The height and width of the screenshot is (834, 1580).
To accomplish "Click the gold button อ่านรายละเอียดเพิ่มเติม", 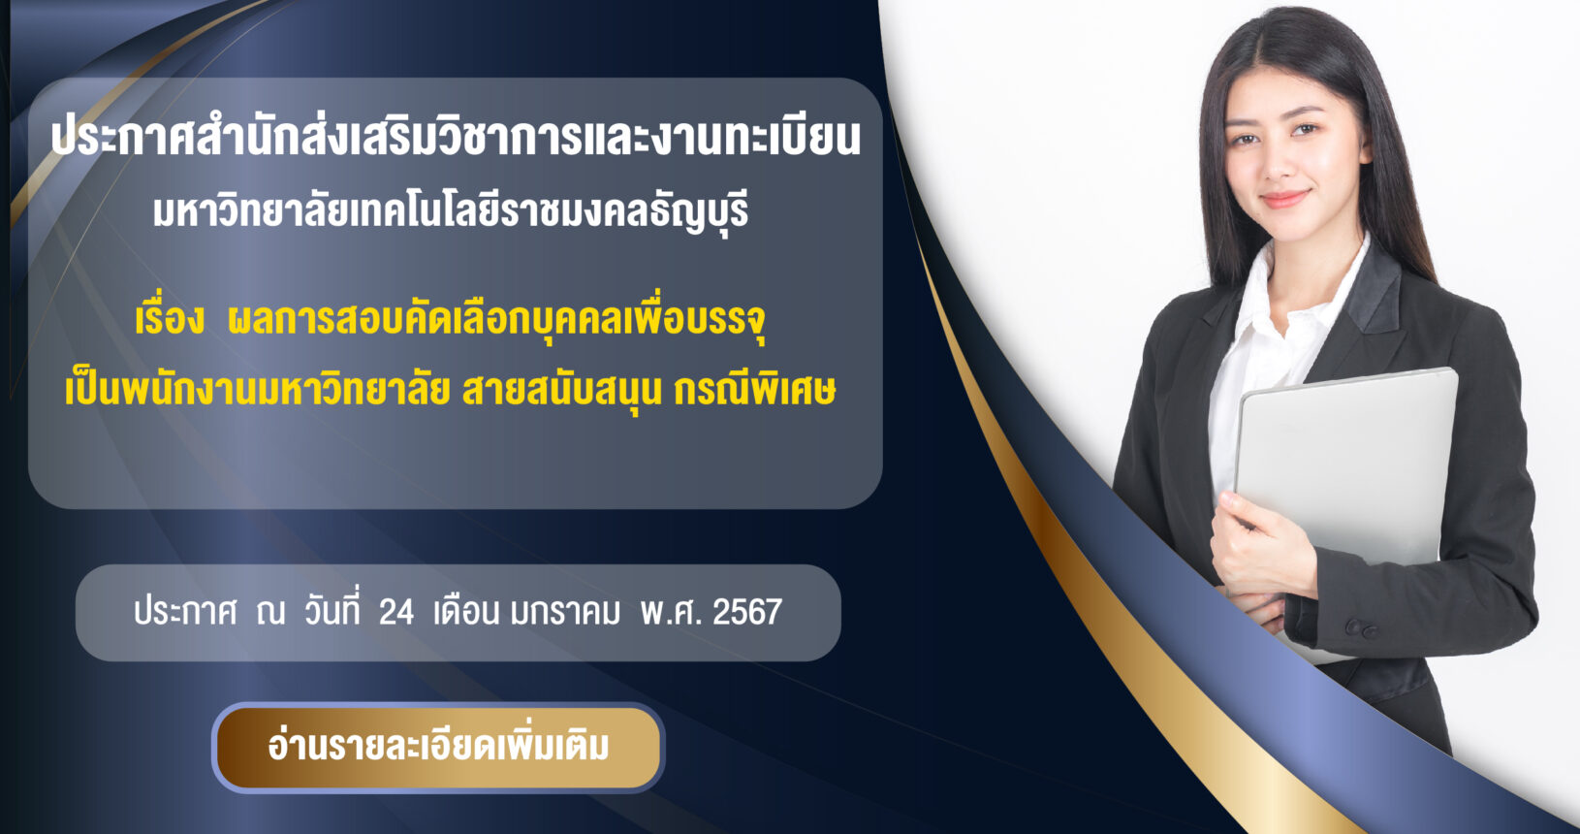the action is (x=438, y=748).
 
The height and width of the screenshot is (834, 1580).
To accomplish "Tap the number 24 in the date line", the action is (x=395, y=613).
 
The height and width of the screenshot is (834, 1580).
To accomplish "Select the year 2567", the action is (x=747, y=613).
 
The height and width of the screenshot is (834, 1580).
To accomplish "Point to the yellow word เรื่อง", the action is (x=170, y=319).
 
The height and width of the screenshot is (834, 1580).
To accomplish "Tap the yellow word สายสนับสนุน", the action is (x=561, y=392).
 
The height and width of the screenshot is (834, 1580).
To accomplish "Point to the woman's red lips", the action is (x=1285, y=198).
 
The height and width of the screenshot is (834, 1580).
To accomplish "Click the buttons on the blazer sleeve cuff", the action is (x=1360, y=627).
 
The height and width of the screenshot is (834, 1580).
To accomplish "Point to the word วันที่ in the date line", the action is (x=332, y=610).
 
